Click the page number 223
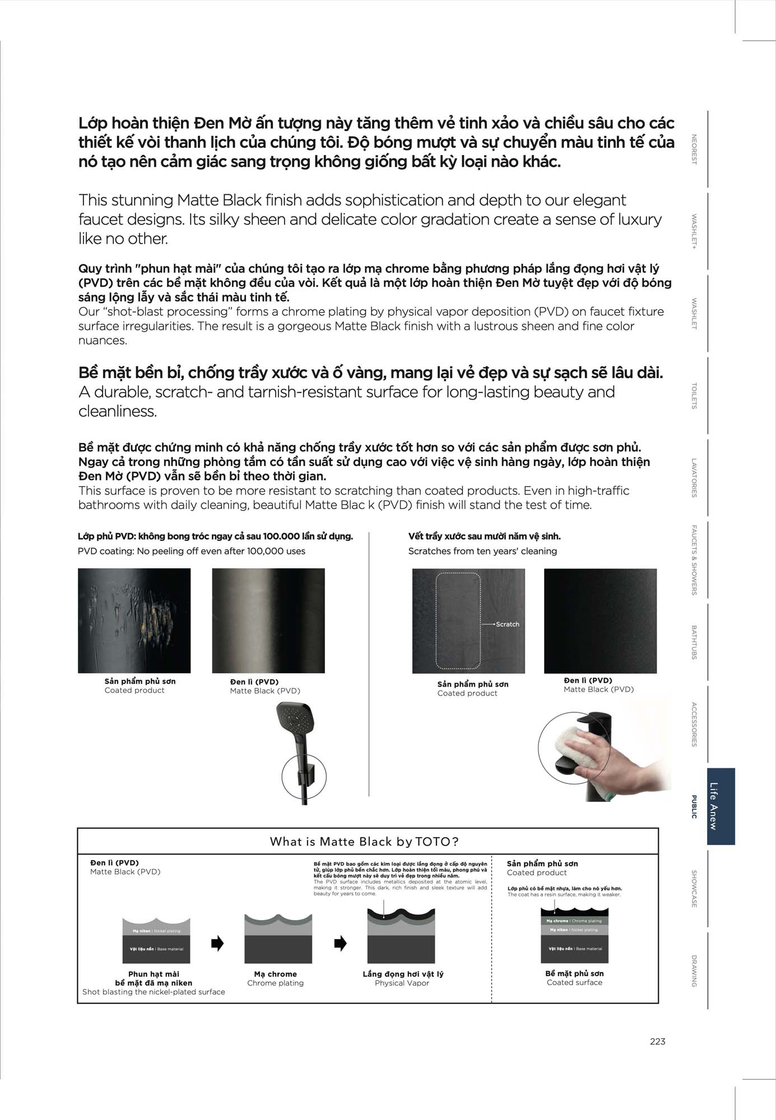[x=657, y=1041]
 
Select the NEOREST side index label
[x=694, y=149]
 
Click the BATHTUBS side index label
[x=694, y=642]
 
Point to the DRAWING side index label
[x=694, y=970]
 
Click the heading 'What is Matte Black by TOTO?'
[x=365, y=841]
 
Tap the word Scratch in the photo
[x=508, y=624]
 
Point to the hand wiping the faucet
[x=588, y=750]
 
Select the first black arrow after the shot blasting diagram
[x=217, y=943]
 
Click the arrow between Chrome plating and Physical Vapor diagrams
[x=340, y=943]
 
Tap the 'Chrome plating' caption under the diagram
[x=276, y=983]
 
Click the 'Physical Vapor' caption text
[x=402, y=983]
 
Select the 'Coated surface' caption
[x=574, y=982]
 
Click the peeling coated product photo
[x=134, y=620]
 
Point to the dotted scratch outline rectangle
[x=458, y=620]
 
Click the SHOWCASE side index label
[x=694, y=889]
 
